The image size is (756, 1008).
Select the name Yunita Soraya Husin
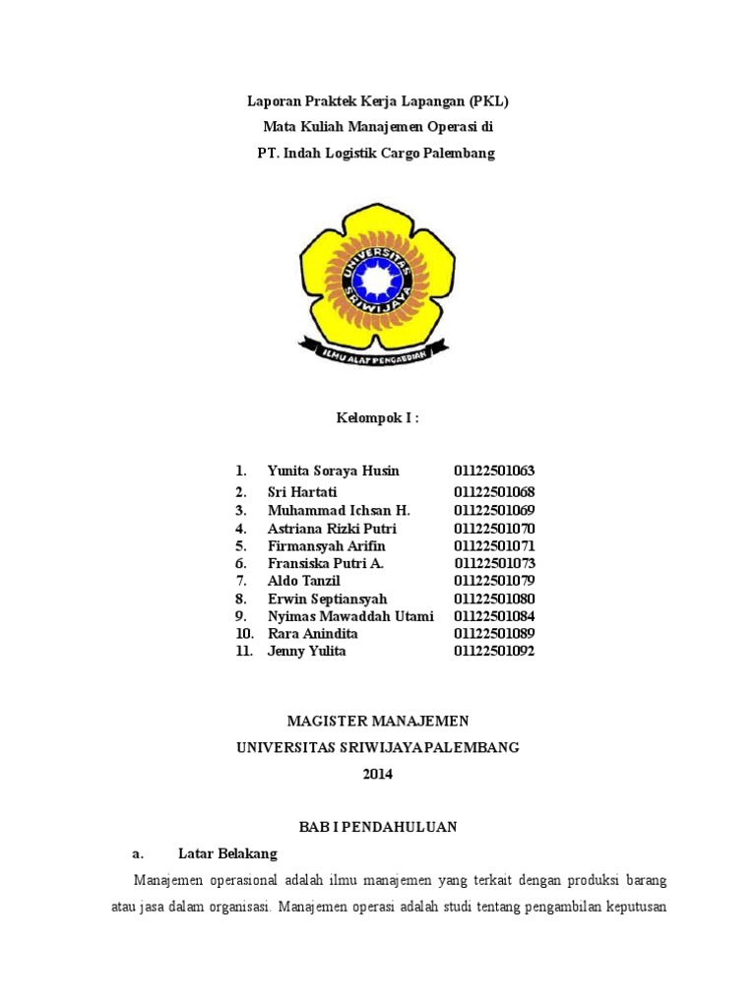[333, 472]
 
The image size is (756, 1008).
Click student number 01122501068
[494, 492]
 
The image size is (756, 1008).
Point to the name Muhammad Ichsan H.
[339, 511]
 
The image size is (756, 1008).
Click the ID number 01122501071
[494, 546]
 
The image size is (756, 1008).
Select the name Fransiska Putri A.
[325, 564]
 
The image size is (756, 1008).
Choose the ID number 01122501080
[494, 599]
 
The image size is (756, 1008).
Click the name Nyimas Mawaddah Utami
[350, 617]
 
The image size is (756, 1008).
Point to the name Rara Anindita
[312, 634]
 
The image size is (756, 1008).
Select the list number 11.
[244, 652]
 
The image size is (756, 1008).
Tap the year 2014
[378, 775]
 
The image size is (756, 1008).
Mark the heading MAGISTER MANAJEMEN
[378, 722]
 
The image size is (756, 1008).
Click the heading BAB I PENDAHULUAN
[378, 827]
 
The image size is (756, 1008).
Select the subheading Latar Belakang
[227, 852]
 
